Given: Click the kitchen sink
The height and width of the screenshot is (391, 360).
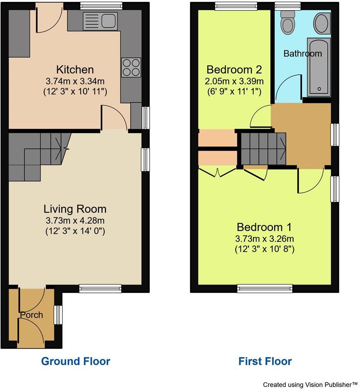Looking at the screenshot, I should coord(100,21).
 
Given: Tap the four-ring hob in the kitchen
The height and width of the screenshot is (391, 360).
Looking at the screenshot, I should coord(131,67).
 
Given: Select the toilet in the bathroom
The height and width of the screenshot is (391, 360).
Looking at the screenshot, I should coord(287,23).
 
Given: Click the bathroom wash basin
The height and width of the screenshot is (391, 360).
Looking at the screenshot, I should coord(322,23).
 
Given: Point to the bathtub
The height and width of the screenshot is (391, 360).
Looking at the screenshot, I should coord(319,67).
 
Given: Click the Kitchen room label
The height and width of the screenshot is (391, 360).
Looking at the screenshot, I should coord(75,70).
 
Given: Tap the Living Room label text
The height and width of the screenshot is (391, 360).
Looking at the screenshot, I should coord(75,209).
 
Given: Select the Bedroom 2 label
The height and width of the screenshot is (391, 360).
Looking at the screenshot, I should coord(234,70).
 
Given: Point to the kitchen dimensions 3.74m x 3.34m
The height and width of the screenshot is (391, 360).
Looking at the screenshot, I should coord(75,81).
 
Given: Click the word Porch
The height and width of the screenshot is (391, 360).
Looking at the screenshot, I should coord(32,315).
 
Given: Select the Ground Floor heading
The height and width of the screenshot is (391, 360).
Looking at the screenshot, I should coord(75,361).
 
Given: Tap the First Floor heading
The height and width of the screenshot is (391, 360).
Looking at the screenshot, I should coord(265,361).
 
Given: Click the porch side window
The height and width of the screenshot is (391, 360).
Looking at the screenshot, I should coord(58,315).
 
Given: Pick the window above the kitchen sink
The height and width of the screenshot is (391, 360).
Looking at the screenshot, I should coord(102,5).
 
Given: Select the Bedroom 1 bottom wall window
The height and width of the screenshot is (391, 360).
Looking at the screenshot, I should coord(265,288).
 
